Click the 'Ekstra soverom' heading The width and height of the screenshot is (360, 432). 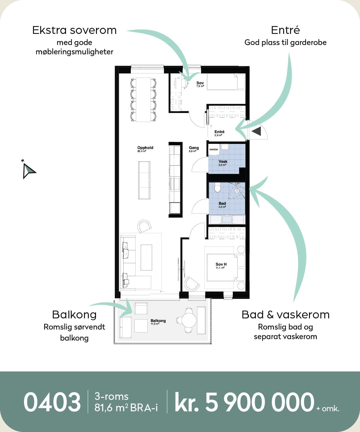click(74, 30)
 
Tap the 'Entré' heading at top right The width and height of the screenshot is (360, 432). click(285, 30)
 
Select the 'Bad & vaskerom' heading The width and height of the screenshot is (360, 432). click(286, 315)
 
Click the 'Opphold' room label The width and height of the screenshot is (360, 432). click(145, 148)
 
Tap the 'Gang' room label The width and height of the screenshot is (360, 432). click(194, 148)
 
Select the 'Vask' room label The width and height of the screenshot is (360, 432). click(223, 161)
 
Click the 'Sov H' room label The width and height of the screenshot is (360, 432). click(221, 264)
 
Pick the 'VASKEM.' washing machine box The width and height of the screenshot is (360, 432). click(214, 149)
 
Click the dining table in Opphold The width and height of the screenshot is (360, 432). click(143, 100)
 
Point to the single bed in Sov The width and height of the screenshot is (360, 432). click(226, 82)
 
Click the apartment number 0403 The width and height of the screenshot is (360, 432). click(52, 402)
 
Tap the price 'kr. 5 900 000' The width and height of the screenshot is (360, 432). click(244, 402)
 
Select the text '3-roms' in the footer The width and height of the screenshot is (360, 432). click(112, 396)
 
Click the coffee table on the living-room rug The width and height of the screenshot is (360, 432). click(146, 258)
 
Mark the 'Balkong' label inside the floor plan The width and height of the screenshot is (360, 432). click(158, 321)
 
